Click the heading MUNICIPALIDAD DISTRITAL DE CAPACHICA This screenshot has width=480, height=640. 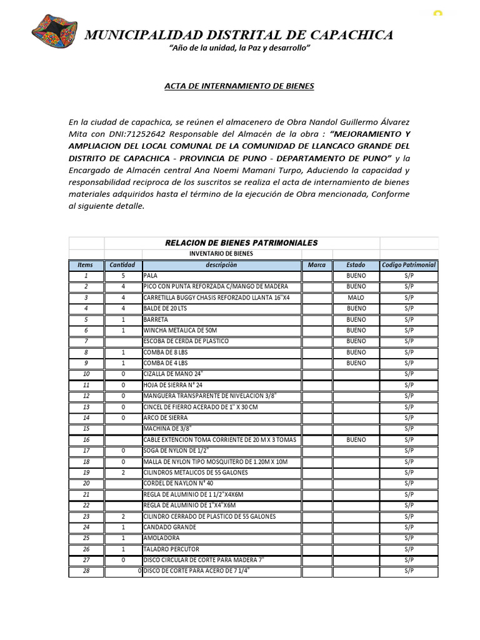(x=239, y=35)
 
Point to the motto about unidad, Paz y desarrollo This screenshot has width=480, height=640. (x=240, y=49)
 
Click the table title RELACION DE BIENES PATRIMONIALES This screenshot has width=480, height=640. (x=241, y=242)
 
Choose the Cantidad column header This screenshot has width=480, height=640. (x=122, y=265)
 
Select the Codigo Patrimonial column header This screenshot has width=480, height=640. (x=409, y=265)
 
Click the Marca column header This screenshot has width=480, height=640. (x=317, y=265)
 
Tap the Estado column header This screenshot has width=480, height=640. (x=356, y=265)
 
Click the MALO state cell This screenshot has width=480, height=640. (x=356, y=297)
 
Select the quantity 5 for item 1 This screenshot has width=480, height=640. (x=123, y=276)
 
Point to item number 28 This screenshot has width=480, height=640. (x=86, y=571)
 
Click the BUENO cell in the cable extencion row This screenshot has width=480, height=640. (x=356, y=439)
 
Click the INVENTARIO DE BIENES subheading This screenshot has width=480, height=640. (x=222, y=254)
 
